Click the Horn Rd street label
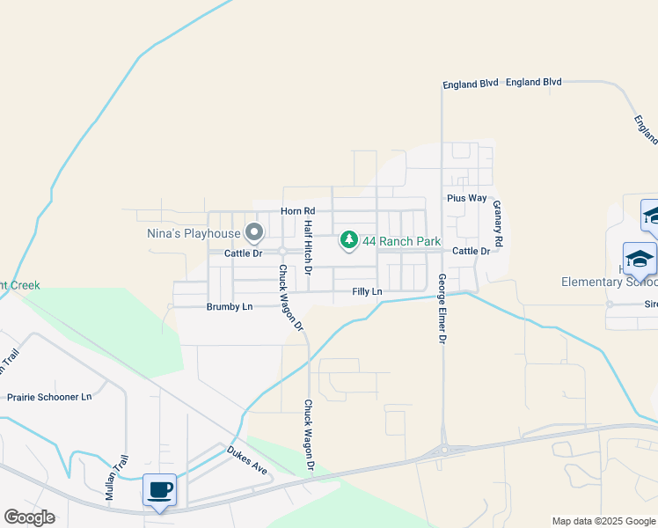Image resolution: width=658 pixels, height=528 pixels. (297, 211)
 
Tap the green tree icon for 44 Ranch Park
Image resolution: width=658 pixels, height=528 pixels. (349, 240)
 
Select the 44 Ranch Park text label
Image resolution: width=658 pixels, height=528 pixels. (401, 241)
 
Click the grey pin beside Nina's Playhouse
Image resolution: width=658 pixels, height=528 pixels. (254, 233)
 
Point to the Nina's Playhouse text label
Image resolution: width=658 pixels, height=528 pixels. (193, 234)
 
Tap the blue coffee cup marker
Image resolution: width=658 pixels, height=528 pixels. (159, 490)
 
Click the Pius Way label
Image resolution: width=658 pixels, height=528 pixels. (466, 198)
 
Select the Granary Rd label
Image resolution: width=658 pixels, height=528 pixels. (498, 223)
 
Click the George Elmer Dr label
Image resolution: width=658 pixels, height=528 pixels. (442, 308)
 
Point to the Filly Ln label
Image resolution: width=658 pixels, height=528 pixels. (367, 291)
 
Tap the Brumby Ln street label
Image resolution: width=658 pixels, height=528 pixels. (229, 306)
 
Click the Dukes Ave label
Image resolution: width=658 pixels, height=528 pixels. (246, 458)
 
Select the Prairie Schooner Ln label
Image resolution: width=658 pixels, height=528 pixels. (49, 397)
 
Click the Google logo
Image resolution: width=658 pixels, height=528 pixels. (29, 517)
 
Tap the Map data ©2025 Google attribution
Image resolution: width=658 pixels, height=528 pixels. (603, 521)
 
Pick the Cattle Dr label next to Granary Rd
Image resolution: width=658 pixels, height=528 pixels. (471, 252)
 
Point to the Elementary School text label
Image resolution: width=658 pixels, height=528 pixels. (609, 282)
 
